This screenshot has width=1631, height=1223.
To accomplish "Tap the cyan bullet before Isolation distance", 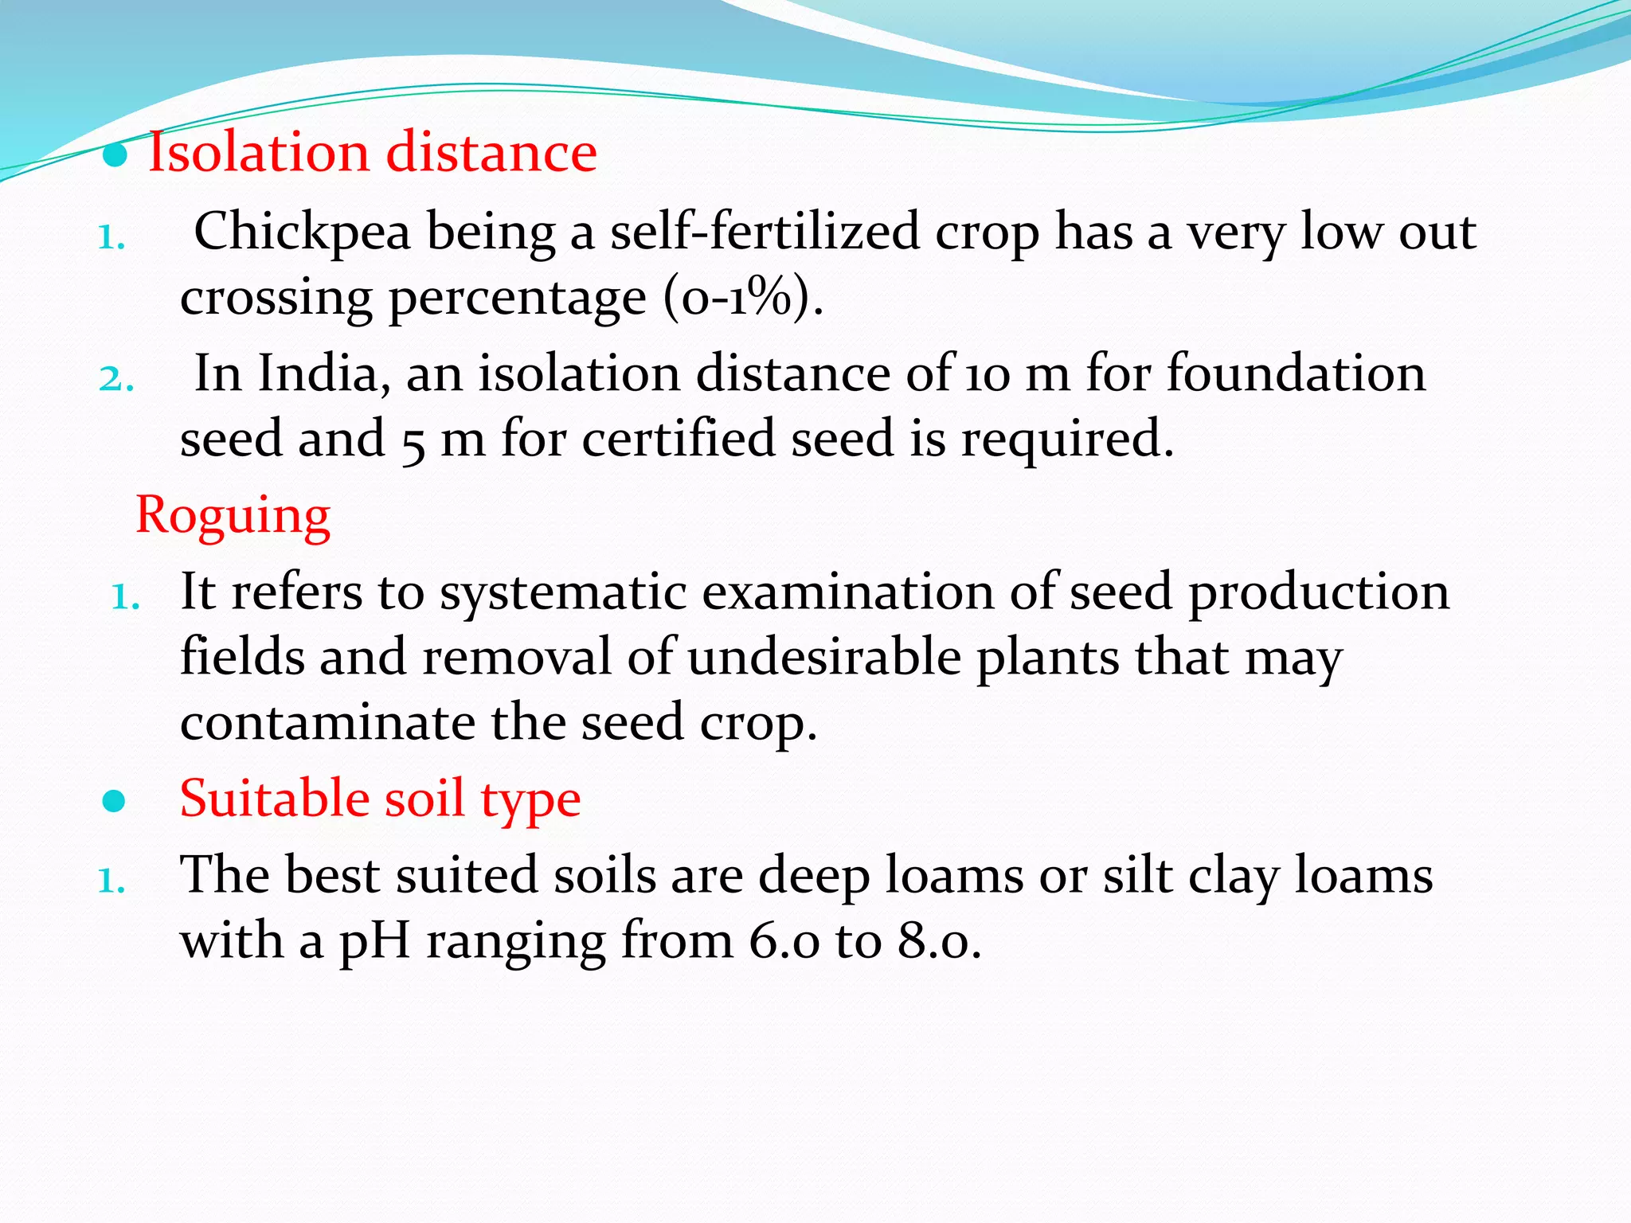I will pos(115,156).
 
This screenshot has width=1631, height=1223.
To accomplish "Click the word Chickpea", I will pos(303,232).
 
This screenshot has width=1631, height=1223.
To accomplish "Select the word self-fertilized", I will pos(765,232).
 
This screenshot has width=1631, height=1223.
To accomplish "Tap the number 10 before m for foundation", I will pos(988,375).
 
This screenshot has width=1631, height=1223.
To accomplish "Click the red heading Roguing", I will pos(233,515).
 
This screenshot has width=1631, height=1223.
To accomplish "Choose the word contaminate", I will pos(327,723).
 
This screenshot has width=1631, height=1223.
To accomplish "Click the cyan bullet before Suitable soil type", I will pos(115,801).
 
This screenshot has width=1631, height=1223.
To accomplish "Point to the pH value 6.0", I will pos(784,941).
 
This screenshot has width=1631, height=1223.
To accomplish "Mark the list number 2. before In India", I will pos(115,379).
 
